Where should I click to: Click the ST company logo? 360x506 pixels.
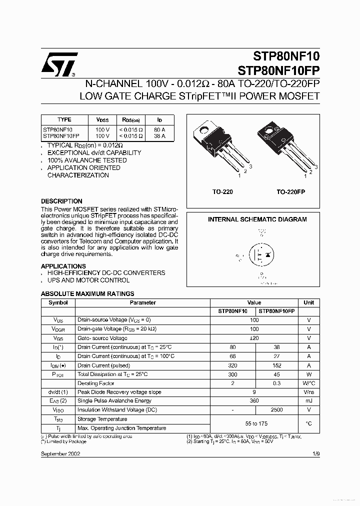[x=59, y=65]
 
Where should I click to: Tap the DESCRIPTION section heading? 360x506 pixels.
[x=61, y=201]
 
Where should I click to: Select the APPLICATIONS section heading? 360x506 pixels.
[x=63, y=266]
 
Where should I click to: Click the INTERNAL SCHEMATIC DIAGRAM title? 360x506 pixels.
[x=257, y=219]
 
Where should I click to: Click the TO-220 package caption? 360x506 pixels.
[x=222, y=192]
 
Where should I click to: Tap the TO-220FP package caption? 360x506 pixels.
[x=290, y=192]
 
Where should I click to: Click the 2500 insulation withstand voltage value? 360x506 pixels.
[x=276, y=409]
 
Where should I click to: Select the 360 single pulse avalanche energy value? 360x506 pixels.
[x=254, y=400]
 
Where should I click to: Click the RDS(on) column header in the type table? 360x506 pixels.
[x=130, y=120]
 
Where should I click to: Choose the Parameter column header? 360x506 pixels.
[x=142, y=302]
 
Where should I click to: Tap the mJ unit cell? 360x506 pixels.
[x=308, y=400]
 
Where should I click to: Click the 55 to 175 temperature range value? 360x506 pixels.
[x=254, y=423]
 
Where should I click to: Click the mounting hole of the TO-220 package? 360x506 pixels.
[x=204, y=132]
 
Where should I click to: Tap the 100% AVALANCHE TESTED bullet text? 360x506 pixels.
[x=86, y=160]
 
